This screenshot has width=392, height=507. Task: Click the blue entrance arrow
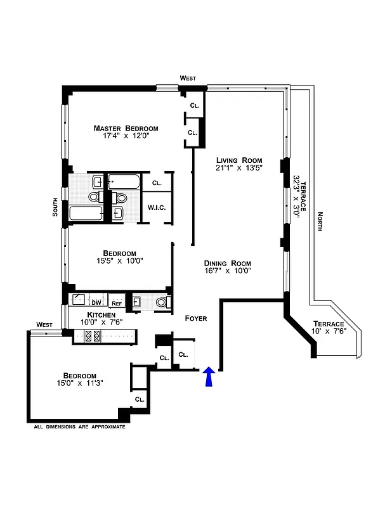tap(209, 378)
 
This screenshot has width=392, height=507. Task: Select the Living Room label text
tap(238, 160)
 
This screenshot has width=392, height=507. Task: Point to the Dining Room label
tap(227, 264)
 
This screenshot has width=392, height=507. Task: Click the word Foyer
tap(195, 318)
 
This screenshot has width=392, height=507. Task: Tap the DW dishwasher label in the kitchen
tap(96, 303)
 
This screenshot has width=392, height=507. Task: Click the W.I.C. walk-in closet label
tap(156, 207)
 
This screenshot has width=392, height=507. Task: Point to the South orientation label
tap(56, 207)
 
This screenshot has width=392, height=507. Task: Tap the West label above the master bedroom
tap(188, 78)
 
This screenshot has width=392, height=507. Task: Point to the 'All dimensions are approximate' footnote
tap(79, 427)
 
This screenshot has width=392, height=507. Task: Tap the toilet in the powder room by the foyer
tap(163, 303)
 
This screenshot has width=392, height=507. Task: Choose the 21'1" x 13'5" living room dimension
tap(238, 168)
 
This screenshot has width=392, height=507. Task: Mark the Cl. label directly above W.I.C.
tap(156, 183)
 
